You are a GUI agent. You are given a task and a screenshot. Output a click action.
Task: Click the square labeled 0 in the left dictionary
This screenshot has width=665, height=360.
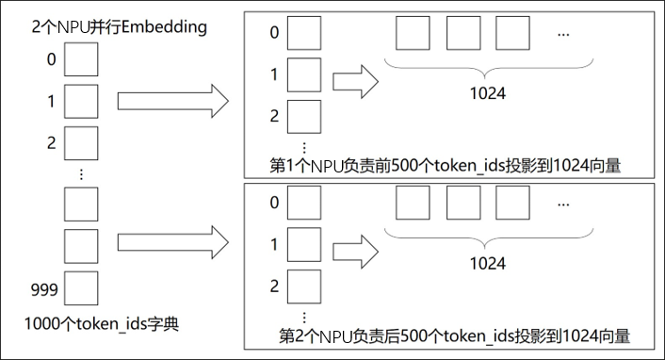tap(80, 61)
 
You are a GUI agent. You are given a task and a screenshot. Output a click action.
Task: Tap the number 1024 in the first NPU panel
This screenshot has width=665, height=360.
tap(487, 95)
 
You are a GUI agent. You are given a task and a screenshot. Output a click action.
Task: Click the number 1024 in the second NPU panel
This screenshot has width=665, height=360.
tap(487, 265)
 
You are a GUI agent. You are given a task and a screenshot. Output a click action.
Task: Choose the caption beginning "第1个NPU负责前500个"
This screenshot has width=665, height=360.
tap(449, 166)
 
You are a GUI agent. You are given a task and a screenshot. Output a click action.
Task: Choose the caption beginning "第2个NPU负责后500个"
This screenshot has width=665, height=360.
tap(455, 335)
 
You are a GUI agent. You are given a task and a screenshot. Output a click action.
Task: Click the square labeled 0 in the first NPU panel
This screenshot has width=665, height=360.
tap(303, 33)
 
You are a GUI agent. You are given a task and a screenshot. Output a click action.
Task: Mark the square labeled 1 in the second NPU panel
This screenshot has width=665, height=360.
tap(303, 245)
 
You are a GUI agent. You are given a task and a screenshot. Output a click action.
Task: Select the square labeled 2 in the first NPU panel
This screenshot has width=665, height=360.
tap(303, 116)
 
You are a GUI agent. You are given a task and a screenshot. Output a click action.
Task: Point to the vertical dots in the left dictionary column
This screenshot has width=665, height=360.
tap(81, 173)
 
